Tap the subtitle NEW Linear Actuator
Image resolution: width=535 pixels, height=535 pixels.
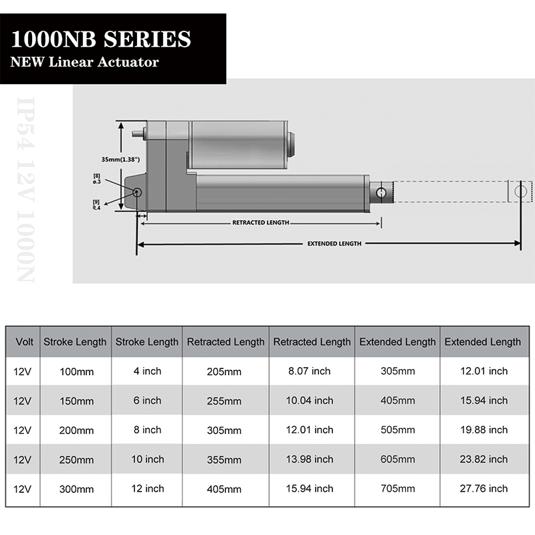(84, 62)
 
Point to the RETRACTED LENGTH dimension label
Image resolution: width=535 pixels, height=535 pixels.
(261, 223)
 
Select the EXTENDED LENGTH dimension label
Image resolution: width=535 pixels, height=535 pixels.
(334, 243)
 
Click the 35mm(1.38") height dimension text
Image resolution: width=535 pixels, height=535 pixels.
(122, 160)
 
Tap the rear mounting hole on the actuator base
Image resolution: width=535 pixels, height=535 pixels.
(137, 193)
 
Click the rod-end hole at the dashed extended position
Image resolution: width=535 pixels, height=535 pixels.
(520, 191)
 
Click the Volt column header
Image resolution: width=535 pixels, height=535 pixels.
(23, 342)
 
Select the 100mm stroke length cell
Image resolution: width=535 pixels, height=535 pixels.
(75, 371)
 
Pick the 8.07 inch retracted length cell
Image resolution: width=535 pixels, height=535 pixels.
(312, 371)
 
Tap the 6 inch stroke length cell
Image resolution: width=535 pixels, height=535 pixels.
(147, 401)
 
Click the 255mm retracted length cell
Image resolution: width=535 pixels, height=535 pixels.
(225, 401)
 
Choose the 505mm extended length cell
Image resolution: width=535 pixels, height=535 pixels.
(397, 430)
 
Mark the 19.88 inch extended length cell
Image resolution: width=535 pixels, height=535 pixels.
(482, 430)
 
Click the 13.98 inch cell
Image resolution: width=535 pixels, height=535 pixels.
(312, 459)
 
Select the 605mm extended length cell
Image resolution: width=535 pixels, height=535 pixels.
(397, 459)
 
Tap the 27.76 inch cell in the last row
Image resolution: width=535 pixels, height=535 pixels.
(482, 489)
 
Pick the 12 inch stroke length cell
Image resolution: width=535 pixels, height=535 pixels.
(147, 489)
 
